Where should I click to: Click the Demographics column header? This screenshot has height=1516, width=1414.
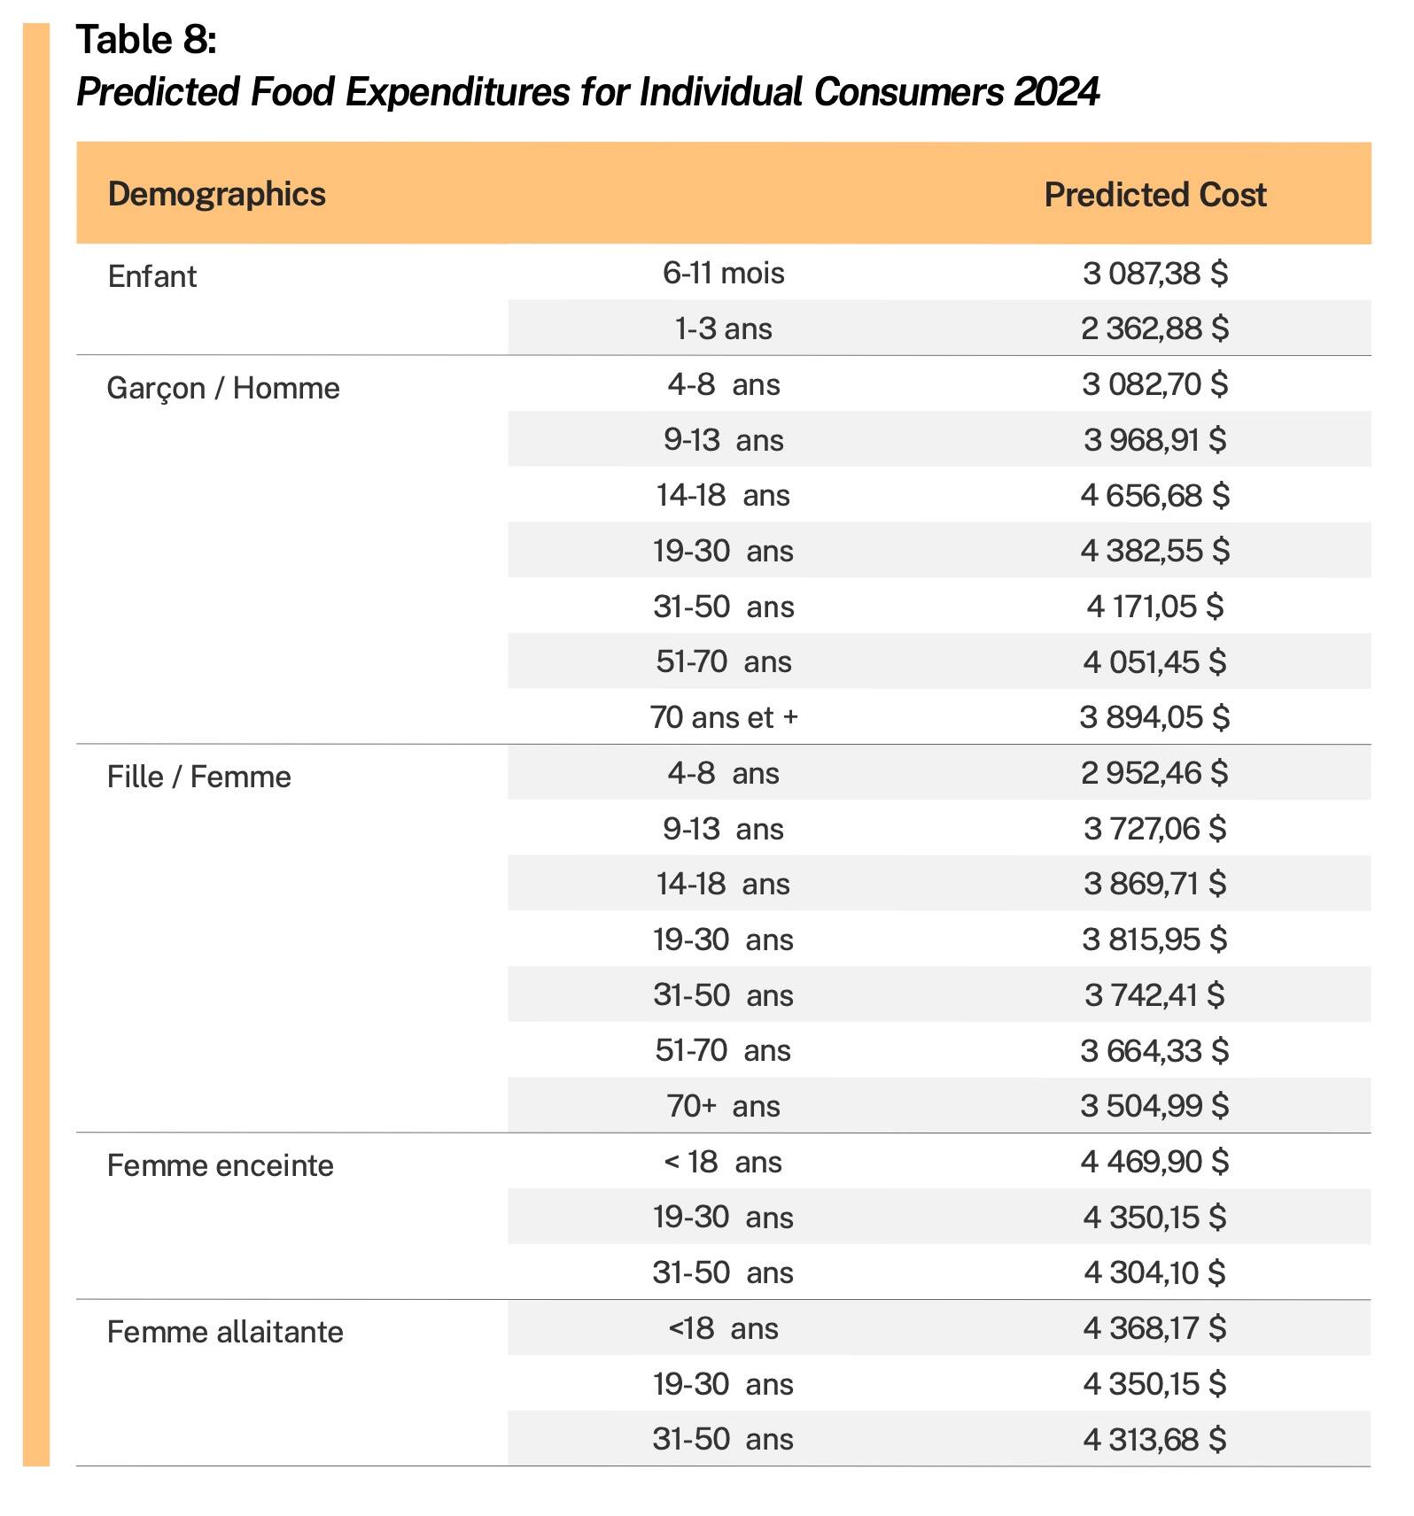tap(216, 194)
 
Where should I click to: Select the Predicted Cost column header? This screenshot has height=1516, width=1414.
tap(1154, 195)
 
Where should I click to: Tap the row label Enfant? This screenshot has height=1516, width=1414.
tap(151, 276)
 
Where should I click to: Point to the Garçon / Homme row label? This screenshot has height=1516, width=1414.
tap(222, 388)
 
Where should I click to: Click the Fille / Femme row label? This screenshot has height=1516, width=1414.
tap(198, 777)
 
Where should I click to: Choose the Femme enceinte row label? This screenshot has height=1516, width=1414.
tap(220, 1165)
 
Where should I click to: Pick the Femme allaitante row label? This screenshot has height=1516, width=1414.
tap(224, 1332)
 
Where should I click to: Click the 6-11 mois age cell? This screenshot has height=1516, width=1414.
tap(723, 273)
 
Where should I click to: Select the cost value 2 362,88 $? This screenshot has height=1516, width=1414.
tap(1154, 329)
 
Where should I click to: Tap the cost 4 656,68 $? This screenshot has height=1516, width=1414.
tap(1154, 495)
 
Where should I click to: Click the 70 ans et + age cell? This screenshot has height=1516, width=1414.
tap(723, 717)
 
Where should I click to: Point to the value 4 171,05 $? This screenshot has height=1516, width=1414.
tap(1154, 607)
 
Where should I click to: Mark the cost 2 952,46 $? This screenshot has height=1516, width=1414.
tap(1154, 773)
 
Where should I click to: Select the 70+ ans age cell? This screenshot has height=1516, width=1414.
tap(723, 1106)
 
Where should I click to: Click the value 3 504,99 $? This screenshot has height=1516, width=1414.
tap(1154, 1106)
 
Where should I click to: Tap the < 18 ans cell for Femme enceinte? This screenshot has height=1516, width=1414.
tap(723, 1162)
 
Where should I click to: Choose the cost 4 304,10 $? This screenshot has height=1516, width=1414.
tap(1154, 1272)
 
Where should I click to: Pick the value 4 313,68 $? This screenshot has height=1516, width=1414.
tap(1154, 1439)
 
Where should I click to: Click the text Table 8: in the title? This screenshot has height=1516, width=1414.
tap(146, 40)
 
